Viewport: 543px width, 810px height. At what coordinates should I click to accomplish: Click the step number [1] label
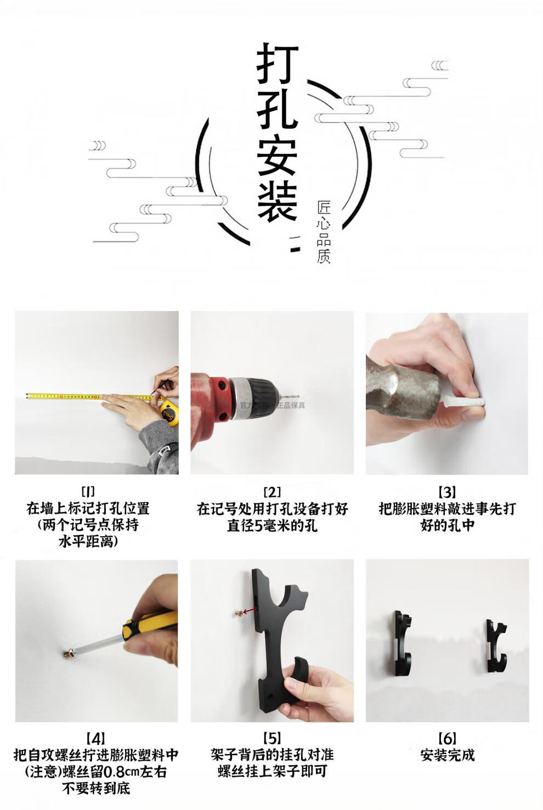point(88,491)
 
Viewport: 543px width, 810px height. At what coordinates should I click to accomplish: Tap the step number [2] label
point(272,492)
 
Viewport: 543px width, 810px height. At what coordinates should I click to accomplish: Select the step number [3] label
point(447,492)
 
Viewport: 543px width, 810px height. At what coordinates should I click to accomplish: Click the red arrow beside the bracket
point(250,611)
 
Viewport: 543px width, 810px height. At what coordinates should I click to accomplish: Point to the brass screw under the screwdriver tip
point(69,652)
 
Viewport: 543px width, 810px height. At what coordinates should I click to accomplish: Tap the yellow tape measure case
point(169,412)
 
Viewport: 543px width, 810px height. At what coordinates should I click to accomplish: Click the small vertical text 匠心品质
point(324,232)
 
